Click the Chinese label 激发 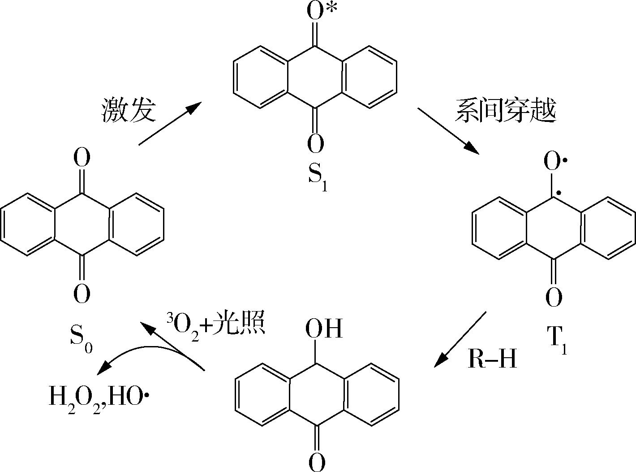pyautogui.click(x=129, y=109)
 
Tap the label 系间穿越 pyautogui.click(x=505, y=109)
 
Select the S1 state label pyautogui.click(x=317, y=178)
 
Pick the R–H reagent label pyautogui.click(x=492, y=359)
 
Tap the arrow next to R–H pyautogui.click(x=460, y=339)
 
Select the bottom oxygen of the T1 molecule pyautogui.click(x=554, y=297)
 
